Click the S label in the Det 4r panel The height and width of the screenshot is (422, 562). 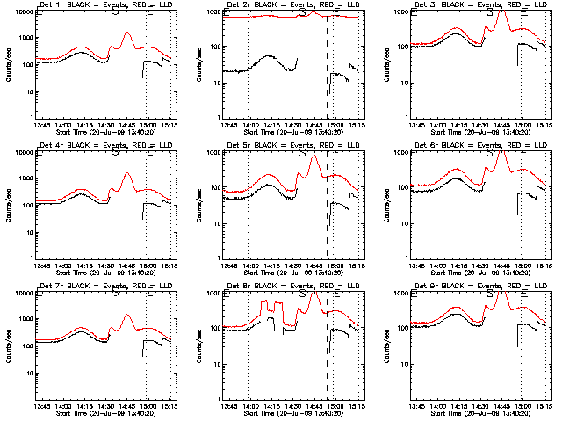[x=114, y=153]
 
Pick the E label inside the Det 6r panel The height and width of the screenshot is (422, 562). [x=524, y=153]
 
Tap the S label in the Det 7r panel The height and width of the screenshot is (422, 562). [x=114, y=294]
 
